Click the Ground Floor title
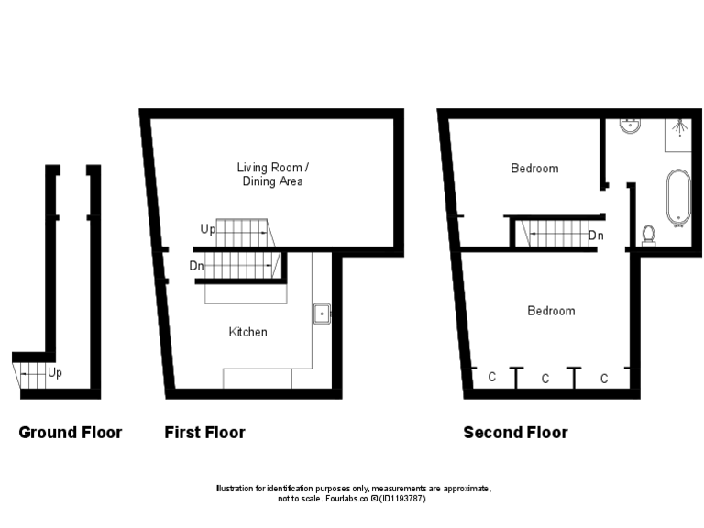70,433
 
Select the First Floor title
204,433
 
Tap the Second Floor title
515,433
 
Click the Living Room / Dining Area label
272,174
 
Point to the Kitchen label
247,332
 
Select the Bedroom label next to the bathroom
534,169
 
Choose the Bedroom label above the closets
551,311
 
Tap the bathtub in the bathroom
678,195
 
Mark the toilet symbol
650,236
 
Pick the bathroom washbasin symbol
631,126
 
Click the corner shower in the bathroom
678,132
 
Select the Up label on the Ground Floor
55,373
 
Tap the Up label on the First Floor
207,229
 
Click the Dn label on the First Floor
196,266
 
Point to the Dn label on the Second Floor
596,236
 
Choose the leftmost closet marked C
491,377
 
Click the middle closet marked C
545,378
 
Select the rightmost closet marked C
604,378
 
